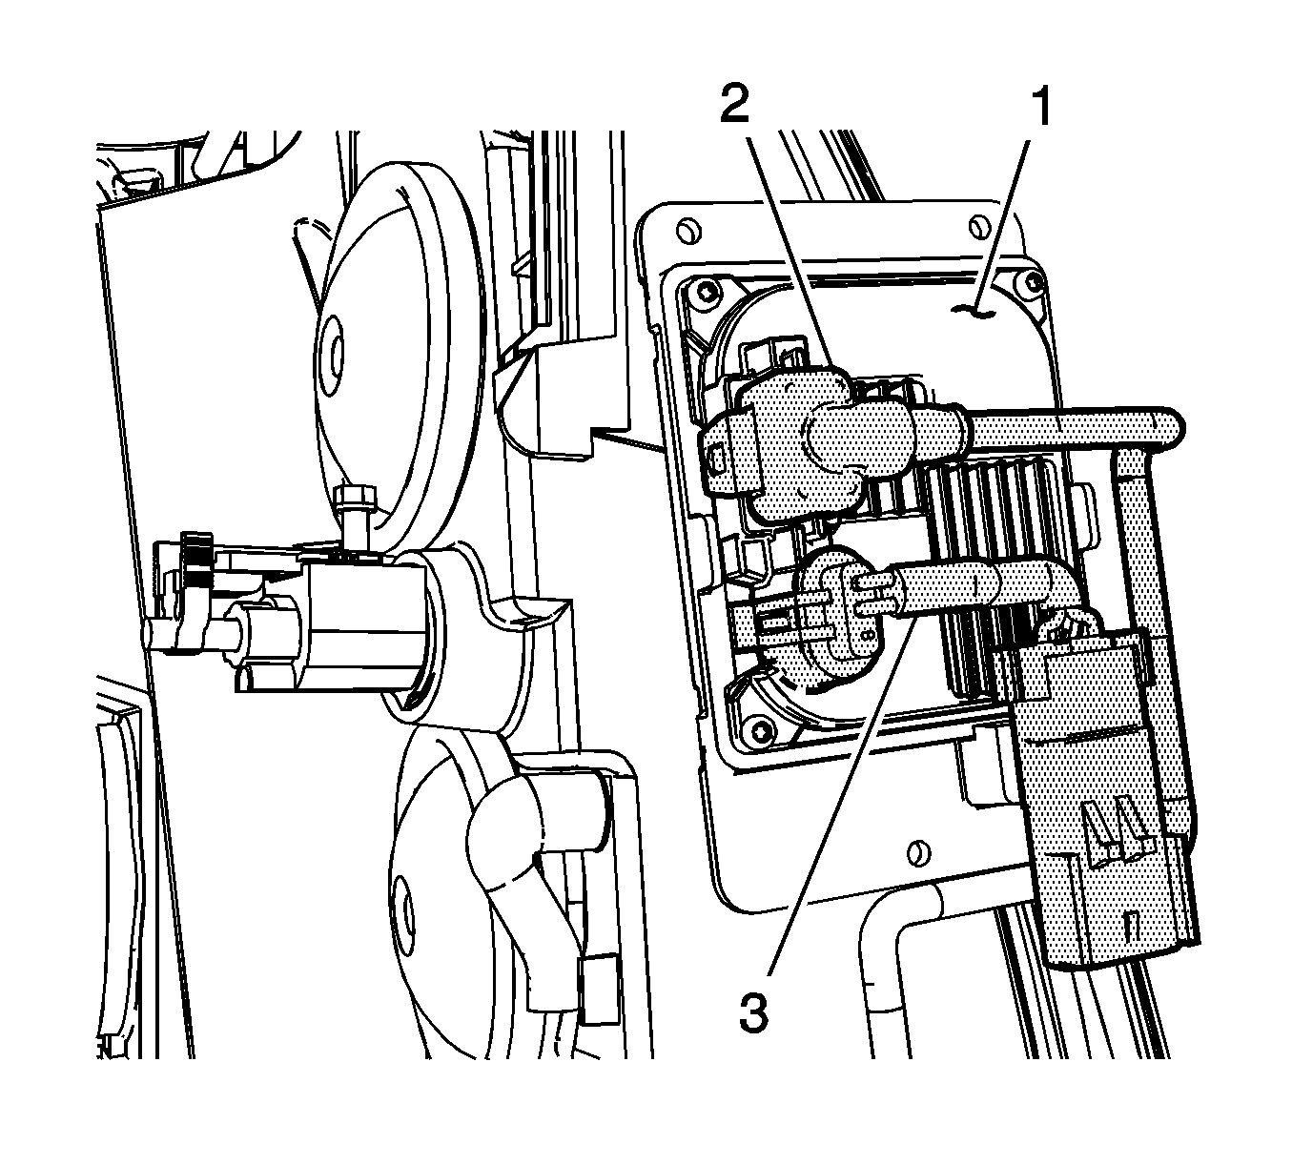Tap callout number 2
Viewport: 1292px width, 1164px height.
coord(735,106)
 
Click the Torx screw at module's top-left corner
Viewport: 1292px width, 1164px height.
coord(708,293)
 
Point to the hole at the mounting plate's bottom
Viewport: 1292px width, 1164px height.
coord(918,853)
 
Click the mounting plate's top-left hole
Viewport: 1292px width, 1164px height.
coord(687,230)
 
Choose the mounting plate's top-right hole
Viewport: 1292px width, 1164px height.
coord(980,225)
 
